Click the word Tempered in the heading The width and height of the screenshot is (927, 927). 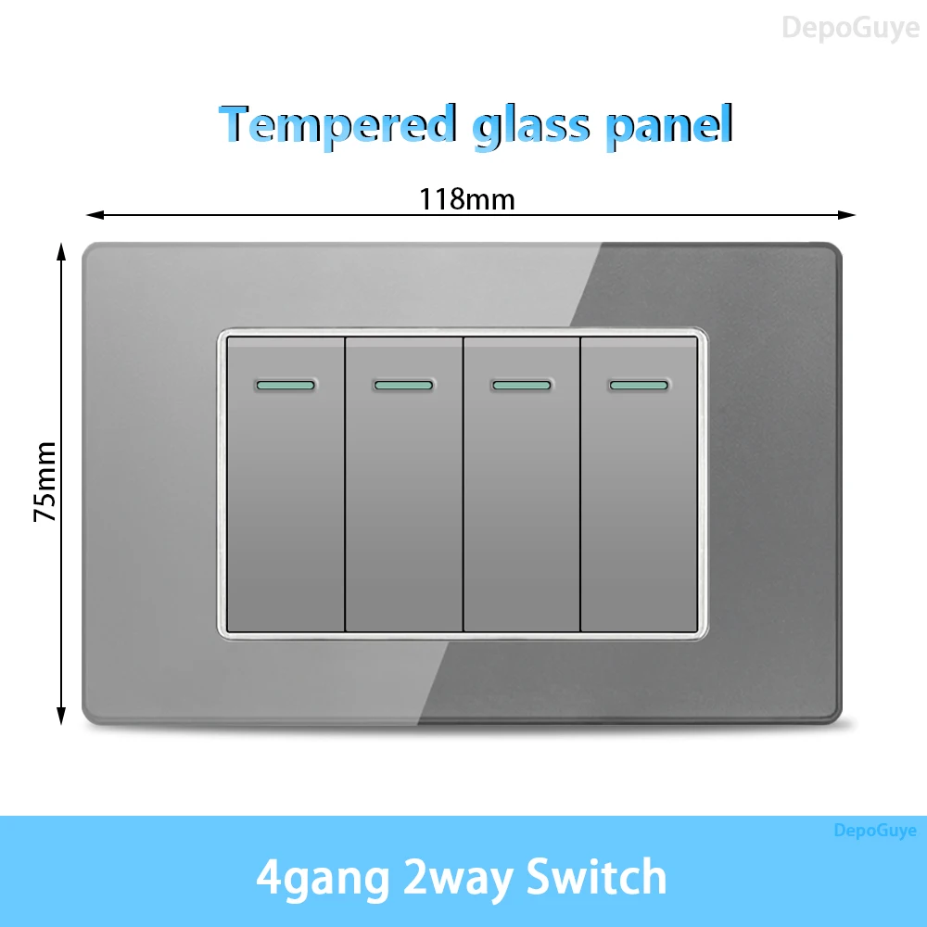[338, 124]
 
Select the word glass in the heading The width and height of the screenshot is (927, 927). [531, 127]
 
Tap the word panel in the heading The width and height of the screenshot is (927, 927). [669, 127]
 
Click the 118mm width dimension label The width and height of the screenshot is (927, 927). [467, 199]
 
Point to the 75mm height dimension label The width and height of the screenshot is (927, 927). [44, 482]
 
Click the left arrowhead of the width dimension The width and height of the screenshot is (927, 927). [95, 215]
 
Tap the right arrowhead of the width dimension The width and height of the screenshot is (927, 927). [846, 215]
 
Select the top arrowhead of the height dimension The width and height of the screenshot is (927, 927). [60, 251]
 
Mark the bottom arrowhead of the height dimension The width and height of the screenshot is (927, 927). [60, 716]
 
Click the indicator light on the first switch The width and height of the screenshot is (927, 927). [286, 386]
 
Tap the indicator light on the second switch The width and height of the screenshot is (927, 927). [404, 386]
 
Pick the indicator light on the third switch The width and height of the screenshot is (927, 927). [521, 386]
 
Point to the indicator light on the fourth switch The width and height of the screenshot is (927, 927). [639, 386]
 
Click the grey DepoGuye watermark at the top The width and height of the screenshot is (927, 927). [851, 29]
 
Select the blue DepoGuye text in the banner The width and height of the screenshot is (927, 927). [875, 831]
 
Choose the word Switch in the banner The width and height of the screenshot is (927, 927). [596, 877]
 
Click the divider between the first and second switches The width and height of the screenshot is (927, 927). [345, 485]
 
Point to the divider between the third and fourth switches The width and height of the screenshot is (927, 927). [580, 485]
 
